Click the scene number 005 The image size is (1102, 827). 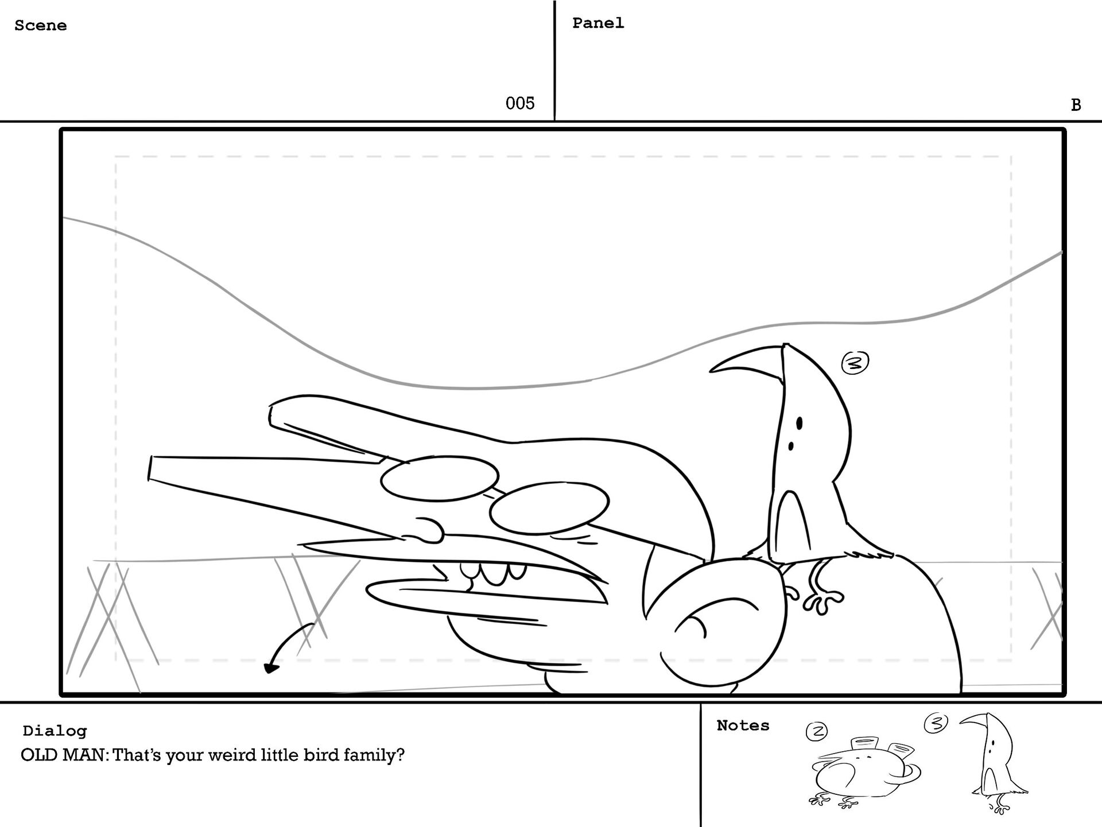pyautogui.click(x=519, y=103)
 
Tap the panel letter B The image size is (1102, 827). pyautogui.click(x=1076, y=105)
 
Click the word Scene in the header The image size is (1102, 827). pyautogui.click(x=40, y=26)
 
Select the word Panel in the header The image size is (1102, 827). pyautogui.click(x=598, y=24)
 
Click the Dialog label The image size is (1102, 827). pyautogui.click(x=55, y=731)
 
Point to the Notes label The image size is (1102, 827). pyautogui.click(x=743, y=726)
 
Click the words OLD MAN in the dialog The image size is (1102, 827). pyautogui.click(x=63, y=755)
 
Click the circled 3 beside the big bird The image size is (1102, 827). pyautogui.click(x=855, y=363)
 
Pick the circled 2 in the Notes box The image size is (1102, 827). pyautogui.click(x=817, y=731)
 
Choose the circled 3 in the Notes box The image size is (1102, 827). pyautogui.click(x=936, y=723)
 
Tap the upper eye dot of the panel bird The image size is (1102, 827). pyautogui.click(x=800, y=424)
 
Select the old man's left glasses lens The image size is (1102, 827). pyautogui.click(x=439, y=479)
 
